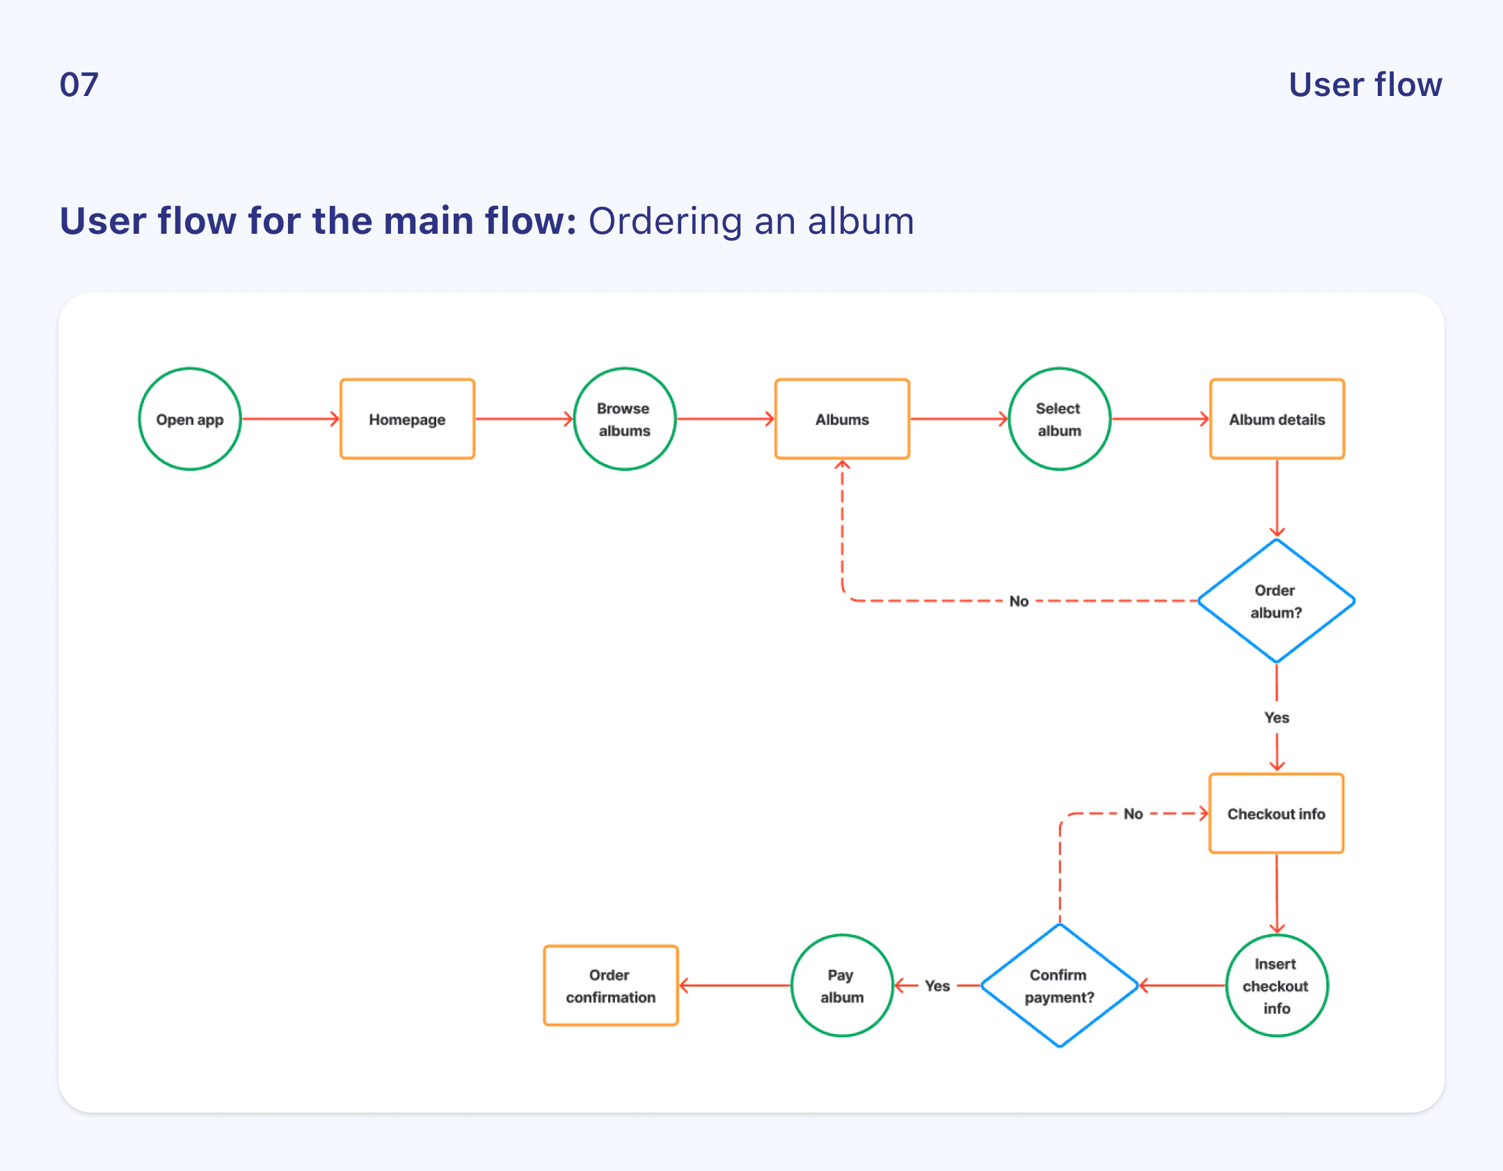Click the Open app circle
190,419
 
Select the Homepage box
407,419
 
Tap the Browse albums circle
624,419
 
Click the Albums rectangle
842,419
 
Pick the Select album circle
1059,419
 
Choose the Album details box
1277,419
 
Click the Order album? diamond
1276,601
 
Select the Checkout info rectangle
1276,813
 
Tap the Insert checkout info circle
1276,985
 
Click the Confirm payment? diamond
1059,985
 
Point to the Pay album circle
842,985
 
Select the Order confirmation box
610,985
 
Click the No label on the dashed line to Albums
1019,601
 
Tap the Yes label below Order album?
1276,717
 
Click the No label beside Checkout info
1133,813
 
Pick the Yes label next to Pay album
937,985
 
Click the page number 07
79,85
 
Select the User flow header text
1365,85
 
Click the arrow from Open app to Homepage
290,419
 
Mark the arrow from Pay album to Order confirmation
735,985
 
